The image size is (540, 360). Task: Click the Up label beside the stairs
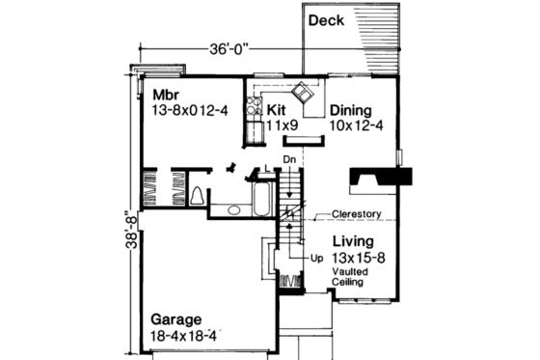(x=316, y=259)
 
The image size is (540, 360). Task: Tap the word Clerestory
(x=358, y=214)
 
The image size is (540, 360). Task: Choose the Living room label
(x=354, y=241)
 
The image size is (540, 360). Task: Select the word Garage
(x=175, y=318)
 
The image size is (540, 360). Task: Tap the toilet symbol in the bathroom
(x=198, y=197)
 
